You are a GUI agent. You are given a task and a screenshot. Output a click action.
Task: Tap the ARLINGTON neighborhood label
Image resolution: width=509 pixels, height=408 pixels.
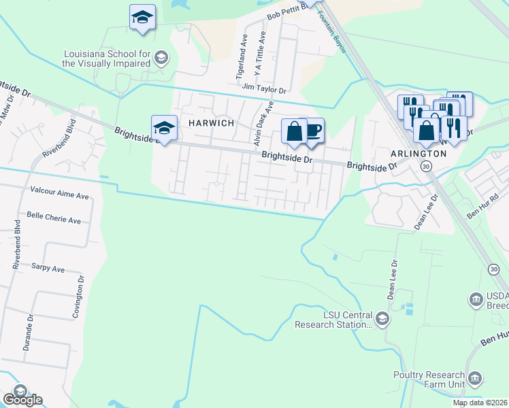418,154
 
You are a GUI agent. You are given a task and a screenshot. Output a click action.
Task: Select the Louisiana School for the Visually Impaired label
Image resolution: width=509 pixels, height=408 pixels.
105,58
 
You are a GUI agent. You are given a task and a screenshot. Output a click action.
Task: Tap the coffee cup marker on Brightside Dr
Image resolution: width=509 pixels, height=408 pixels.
312,131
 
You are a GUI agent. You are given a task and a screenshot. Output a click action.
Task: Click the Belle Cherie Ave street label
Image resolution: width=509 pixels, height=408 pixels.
54,221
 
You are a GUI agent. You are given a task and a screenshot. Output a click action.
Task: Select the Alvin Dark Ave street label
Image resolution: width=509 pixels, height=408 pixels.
263,124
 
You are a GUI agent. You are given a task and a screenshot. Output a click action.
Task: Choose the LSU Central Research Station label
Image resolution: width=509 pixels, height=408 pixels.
333,320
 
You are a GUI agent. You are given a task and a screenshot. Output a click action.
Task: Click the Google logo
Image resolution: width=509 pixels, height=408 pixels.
22,400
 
